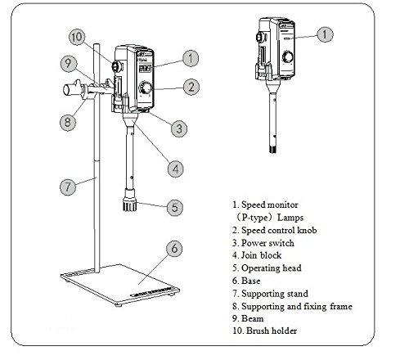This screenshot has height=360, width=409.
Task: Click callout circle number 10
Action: point(77,37)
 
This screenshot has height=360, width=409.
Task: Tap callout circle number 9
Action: point(69,64)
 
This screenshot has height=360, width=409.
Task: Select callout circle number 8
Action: point(68,122)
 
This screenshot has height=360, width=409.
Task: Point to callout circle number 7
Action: point(68,187)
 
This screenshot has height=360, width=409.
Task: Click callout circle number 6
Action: point(174,249)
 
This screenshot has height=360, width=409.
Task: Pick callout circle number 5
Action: point(175,208)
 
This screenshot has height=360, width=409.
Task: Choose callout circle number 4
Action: point(176,169)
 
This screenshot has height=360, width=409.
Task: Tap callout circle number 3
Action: point(179,128)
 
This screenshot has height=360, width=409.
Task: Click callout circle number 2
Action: point(191,87)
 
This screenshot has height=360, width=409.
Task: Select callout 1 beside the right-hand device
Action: point(325,34)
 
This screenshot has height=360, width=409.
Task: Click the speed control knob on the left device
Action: point(146,88)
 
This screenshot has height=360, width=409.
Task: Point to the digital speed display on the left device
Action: point(145,69)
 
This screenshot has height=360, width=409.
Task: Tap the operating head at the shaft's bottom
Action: point(129,200)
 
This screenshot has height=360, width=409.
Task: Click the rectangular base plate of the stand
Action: point(120,285)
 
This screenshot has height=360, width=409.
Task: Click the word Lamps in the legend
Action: point(290,218)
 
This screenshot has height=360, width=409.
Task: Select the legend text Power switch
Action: point(267,243)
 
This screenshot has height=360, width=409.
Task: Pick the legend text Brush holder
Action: point(272,331)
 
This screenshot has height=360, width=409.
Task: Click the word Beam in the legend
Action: point(253,318)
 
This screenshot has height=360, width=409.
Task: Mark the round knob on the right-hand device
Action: point(288,56)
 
